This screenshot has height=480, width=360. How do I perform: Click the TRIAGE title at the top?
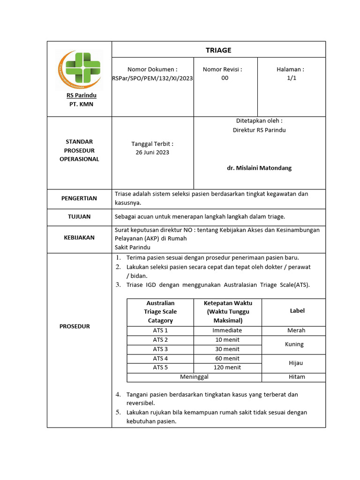(218, 50)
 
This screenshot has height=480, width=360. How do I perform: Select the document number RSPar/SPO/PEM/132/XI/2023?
(153, 78)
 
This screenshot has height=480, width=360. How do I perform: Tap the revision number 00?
(225, 78)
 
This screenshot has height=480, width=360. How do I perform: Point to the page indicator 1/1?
(292, 78)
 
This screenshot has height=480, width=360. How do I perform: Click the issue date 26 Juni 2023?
(153, 152)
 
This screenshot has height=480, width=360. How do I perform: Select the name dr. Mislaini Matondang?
(259, 168)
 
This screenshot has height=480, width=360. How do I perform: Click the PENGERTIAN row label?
(79, 198)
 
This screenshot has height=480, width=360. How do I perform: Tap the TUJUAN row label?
(79, 217)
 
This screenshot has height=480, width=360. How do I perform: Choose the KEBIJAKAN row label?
(79, 238)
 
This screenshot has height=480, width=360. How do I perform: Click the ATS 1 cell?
(160, 330)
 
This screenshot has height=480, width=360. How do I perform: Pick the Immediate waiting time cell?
(227, 330)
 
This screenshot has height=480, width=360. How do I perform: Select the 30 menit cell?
(227, 349)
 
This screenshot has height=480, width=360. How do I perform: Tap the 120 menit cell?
(227, 367)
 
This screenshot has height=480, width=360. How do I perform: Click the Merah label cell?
(296, 330)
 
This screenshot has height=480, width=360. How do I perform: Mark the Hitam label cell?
(296, 377)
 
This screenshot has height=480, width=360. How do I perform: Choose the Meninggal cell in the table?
(195, 377)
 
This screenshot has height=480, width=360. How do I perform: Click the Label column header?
(297, 311)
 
